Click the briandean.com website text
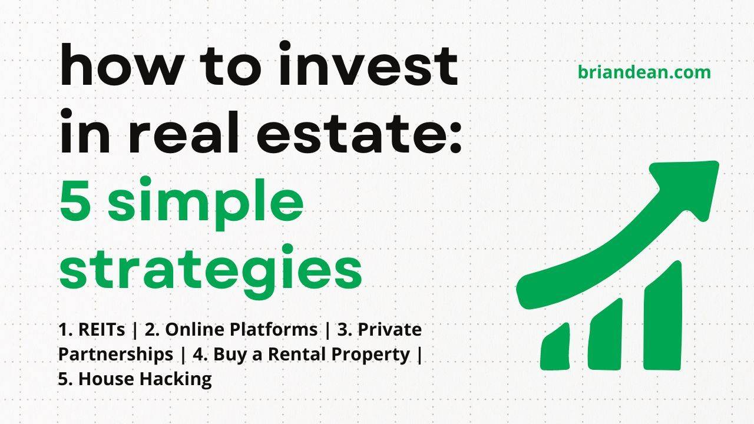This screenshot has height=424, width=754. tap(644, 72)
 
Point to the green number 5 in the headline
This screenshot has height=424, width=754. tap(78, 200)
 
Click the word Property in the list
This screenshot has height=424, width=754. tap(377, 355)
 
